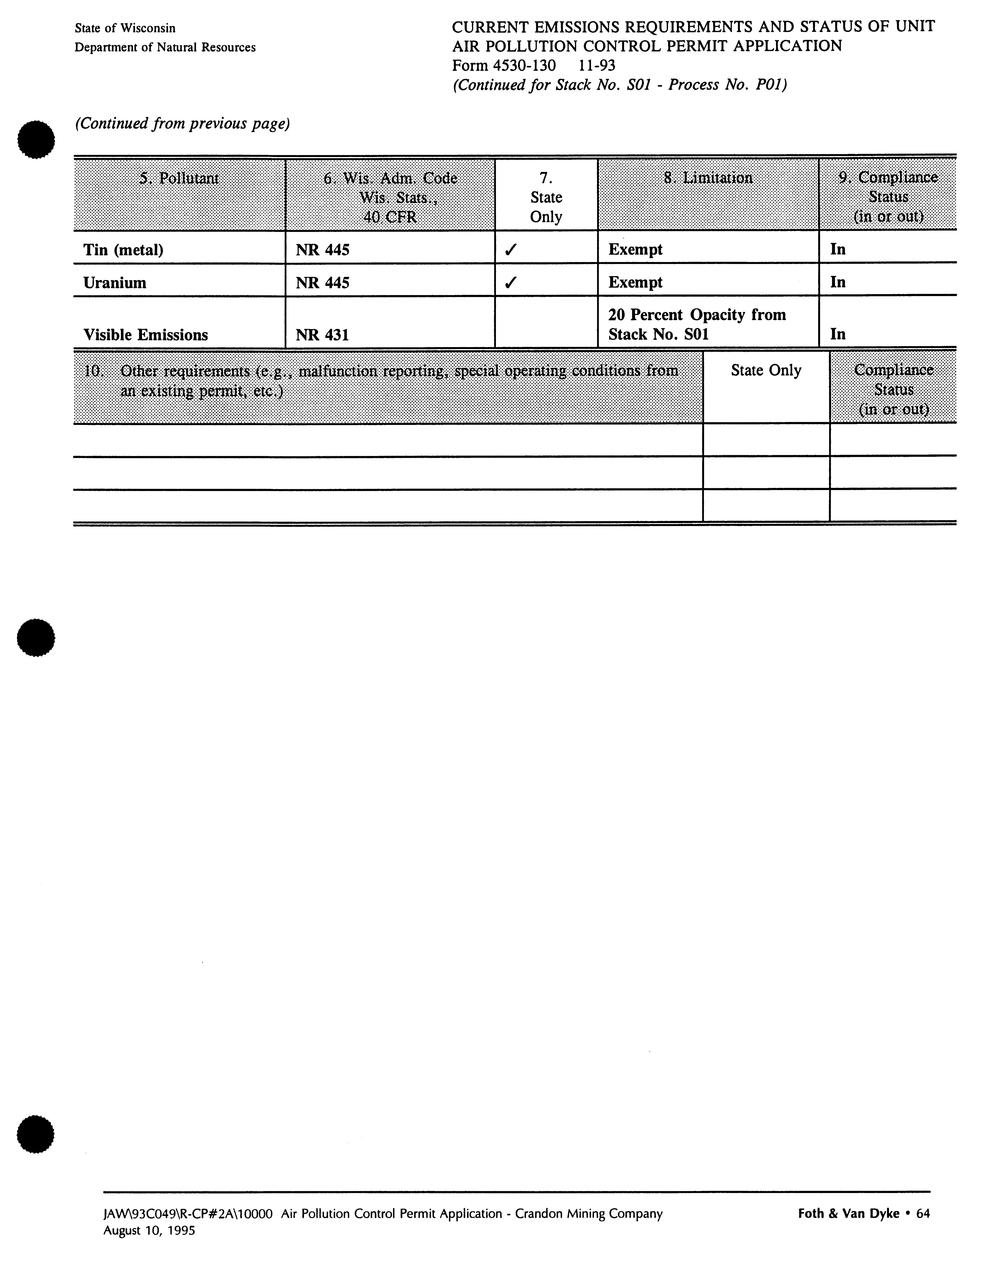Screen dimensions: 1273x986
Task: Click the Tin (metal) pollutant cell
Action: click(x=123, y=250)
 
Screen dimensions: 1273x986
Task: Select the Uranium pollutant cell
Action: click(x=115, y=283)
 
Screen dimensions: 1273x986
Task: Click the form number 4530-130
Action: click(x=504, y=65)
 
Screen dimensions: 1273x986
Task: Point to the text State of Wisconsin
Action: click(x=125, y=28)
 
